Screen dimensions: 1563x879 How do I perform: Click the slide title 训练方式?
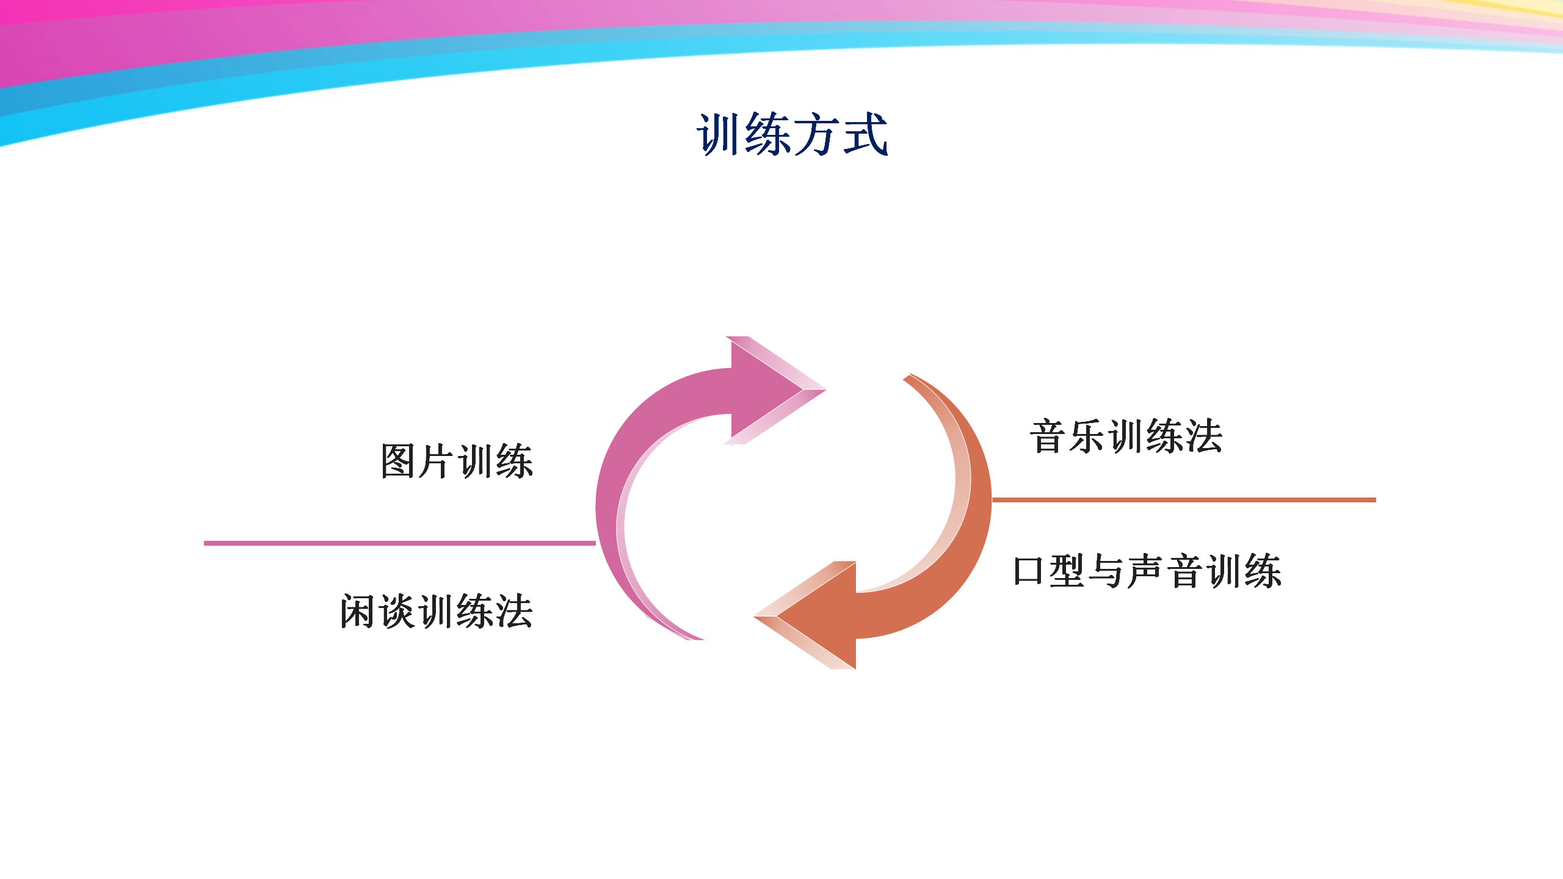pos(792,134)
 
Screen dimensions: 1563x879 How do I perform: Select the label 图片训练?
pos(457,461)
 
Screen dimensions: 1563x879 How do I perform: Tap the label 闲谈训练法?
pos(437,611)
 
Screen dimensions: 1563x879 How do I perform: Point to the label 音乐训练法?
pos(1126,437)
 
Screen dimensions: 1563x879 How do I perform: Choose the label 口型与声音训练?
pos(1147,572)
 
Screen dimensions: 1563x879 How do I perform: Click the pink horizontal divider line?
pos(400,543)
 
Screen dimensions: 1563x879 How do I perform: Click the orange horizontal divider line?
pos(1184,500)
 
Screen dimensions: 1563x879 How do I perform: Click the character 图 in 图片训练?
pos(399,461)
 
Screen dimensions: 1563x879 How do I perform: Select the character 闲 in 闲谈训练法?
pos(358,611)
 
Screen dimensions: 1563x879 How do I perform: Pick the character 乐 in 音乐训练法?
pos(1087,437)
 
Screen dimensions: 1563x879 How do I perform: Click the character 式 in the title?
pos(866,134)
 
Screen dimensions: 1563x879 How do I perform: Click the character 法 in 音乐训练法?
pos(1204,437)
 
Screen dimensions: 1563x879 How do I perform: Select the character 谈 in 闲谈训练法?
pos(397,611)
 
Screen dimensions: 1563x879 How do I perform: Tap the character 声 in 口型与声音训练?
pos(1146,572)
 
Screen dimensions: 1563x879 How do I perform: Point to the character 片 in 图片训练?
pos(437,461)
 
